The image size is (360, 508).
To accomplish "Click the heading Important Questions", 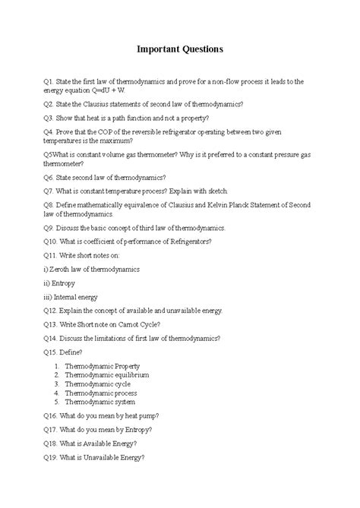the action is pyautogui.click(x=179, y=49).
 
